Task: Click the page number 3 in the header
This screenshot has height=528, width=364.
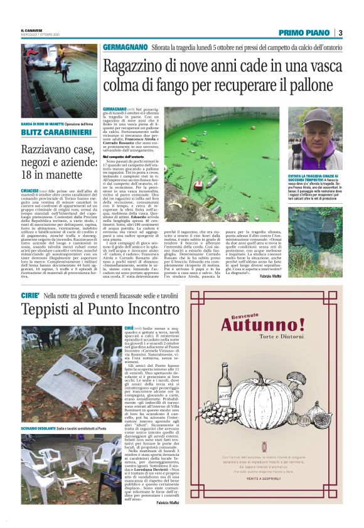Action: coord(340,33)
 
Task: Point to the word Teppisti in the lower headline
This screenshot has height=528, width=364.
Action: coord(42,310)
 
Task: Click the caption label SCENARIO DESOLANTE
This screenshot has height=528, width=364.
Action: coord(38,427)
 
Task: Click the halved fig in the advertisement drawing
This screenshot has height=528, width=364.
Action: coord(297,433)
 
